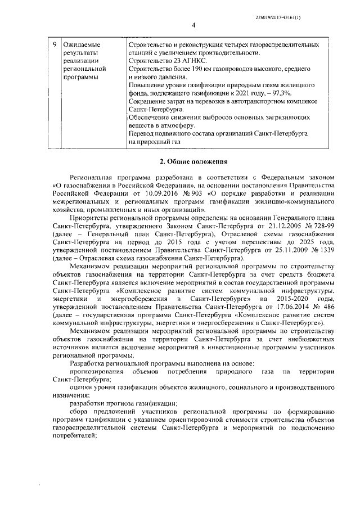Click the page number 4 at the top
pyautogui.click(x=192, y=25)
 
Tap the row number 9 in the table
pyautogui.click(x=53, y=44)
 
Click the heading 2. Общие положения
pyautogui.click(x=193, y=163)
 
